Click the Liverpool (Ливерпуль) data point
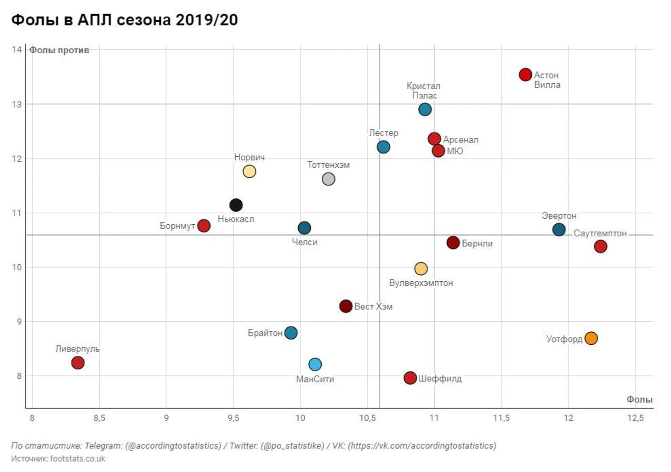pos(78,363)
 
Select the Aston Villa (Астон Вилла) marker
pos(525,74)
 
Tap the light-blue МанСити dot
pos(315,364)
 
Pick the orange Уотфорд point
pos(591,338)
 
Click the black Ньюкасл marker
pos(236,205)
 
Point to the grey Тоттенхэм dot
pos(328,179)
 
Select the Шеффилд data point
pos(410,378)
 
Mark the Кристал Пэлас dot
pos(425,109)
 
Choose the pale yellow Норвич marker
pos(249,171)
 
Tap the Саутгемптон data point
pos(600,246)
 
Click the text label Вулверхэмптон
pos(421,283)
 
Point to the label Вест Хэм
pos(373,307)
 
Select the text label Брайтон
pos(265,333)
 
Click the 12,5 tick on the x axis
pos(635,418)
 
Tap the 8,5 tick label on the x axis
pos(99,418)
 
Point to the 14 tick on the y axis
pos(17,50)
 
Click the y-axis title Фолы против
pos(59,50)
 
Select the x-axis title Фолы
pos(639,399)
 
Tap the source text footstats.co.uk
pos(78,459)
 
